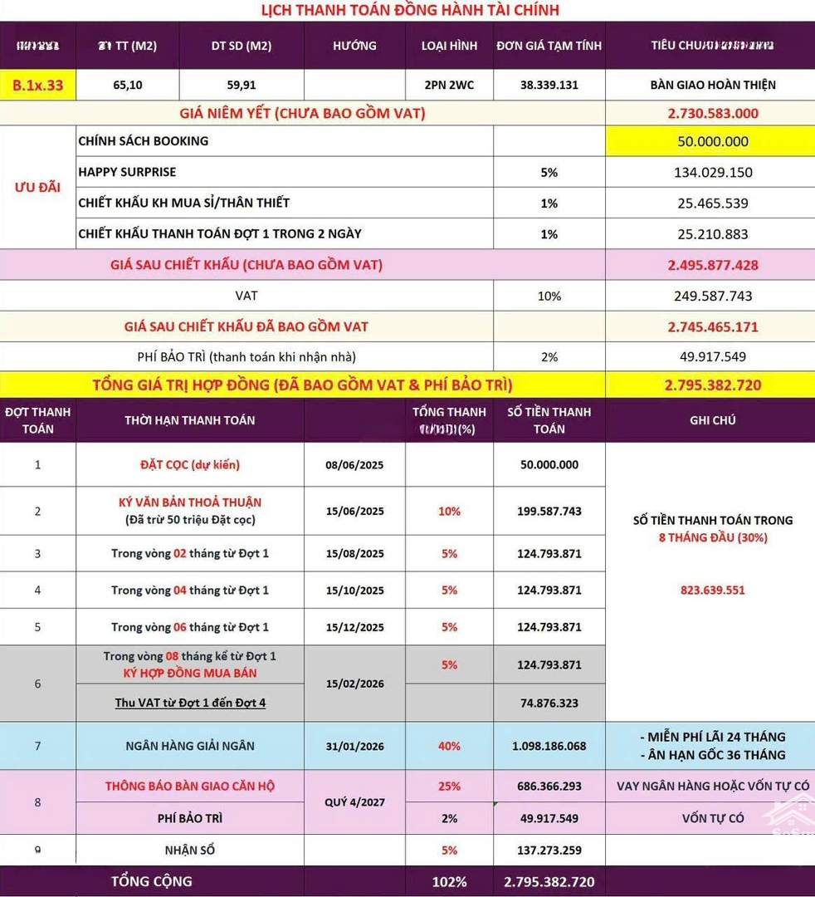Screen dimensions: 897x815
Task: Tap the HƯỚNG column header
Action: tap(354, 46)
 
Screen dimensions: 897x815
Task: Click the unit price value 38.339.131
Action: tap(549, 85)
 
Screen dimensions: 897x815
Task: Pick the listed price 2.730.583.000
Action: tap(713, 113)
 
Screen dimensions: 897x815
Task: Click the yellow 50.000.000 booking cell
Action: tap(713, 141)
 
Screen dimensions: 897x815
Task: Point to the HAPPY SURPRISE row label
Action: tap(127, 172)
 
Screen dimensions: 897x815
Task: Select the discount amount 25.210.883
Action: tap(713, 234)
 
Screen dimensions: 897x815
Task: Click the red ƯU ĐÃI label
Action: tap(37, 187)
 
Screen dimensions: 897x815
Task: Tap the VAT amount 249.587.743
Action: tap(713, 296)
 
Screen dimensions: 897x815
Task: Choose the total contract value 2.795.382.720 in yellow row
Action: tap(713, 385)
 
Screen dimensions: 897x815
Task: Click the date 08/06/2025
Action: tap(354, 465)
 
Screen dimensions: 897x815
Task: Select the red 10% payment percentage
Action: tap(449, 511)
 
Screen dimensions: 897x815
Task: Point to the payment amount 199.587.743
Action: tap(549, 511)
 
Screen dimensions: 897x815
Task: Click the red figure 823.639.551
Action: tap(712, 591)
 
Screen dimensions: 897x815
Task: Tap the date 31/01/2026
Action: tap(354, 746)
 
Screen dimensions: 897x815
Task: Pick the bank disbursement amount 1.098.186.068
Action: tap(549, 746)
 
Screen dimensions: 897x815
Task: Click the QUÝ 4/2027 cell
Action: tap(354, 802)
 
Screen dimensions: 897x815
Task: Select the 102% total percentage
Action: tap(449, 881)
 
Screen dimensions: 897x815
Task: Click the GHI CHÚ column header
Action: tap(712, 420)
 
